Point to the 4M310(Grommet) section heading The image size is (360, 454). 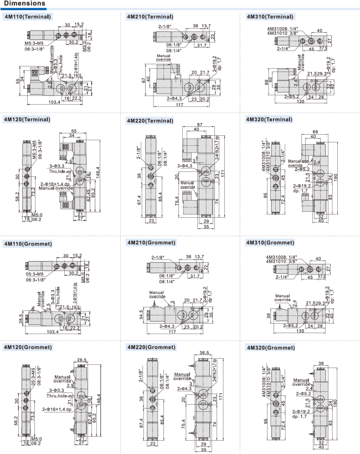(x=272, y=243)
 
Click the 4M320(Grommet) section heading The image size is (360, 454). (x=272, y=348)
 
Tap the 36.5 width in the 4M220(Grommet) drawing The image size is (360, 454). (x=204, y=353)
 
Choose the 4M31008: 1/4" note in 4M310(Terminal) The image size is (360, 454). (x=282, y=28)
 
